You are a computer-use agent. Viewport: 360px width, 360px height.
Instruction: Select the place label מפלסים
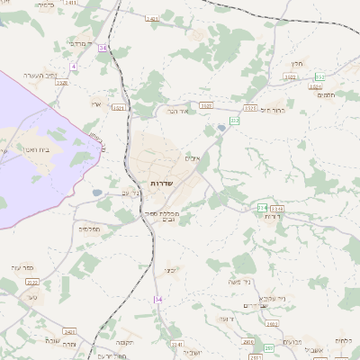89,229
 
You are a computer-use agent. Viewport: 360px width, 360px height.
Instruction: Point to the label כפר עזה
22,268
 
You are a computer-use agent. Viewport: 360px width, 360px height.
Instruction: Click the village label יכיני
168,269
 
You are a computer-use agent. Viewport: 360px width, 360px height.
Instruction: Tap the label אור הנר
175,111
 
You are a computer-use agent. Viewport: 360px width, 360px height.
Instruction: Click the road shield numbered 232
235,120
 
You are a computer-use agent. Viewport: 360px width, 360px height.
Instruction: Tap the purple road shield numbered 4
74,67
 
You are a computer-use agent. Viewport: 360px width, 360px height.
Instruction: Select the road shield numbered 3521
118,107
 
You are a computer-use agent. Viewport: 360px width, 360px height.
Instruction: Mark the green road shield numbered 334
262,208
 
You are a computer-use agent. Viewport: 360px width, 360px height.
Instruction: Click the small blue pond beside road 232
221,129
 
